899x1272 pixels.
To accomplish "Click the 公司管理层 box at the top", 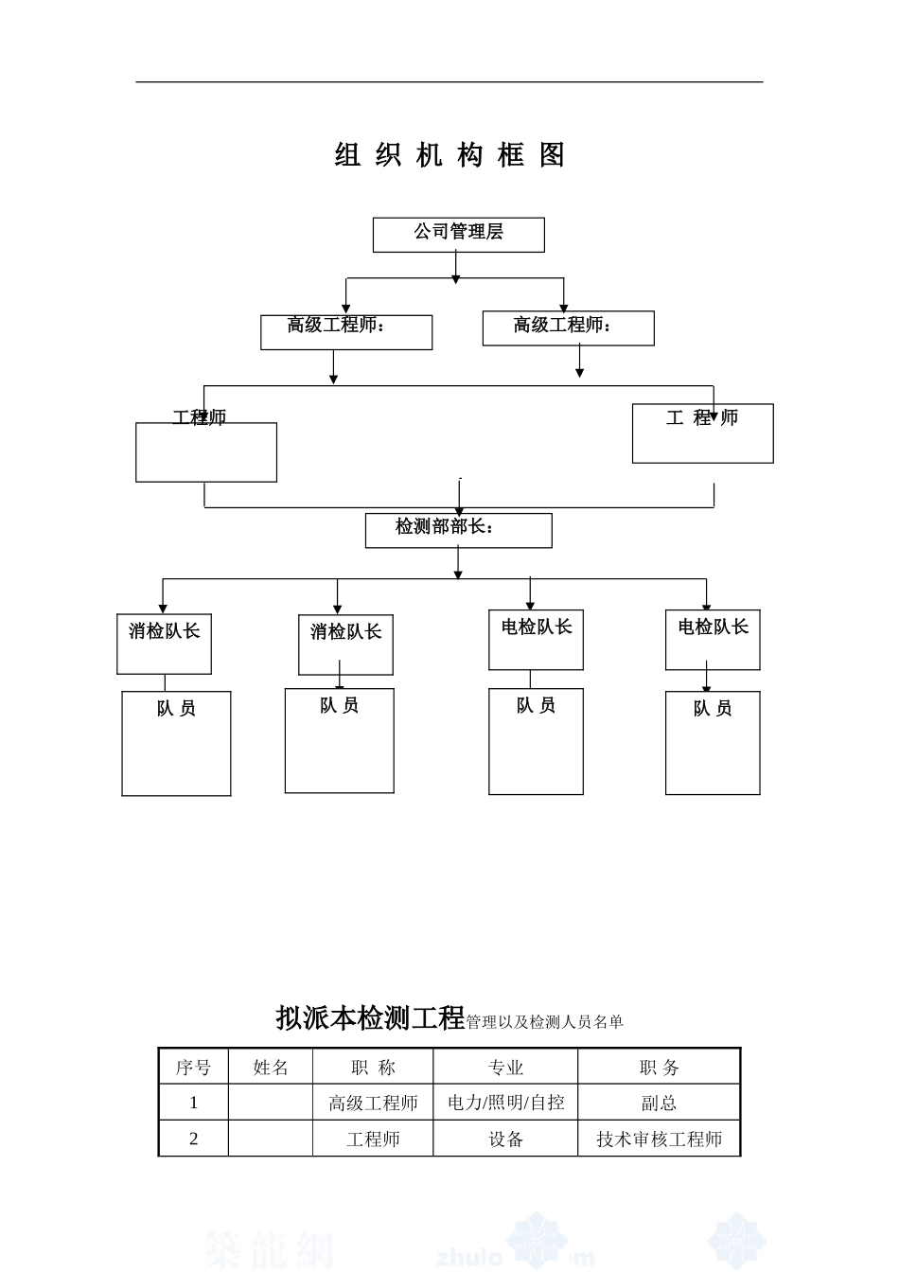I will pyautogui.click(x=458, y=235).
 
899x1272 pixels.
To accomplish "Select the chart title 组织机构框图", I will pyautogui.click(x=450, y=155).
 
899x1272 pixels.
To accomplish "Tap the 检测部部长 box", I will pyautogui.click(x=458, y=530).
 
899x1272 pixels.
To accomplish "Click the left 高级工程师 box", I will pyautogui.click(x=346, y=332).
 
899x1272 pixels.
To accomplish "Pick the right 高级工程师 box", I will pyautogui.click(x=568, y=327).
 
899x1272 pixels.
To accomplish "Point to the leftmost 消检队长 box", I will pyautogui.click(x=164, y=644).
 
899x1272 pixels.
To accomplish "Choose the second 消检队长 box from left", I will pyautogui.click(x=345, y=645).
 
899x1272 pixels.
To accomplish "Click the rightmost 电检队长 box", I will pyautogui.click(x=713, y=640).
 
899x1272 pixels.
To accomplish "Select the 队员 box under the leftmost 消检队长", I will pyautogui.click(x=176, y=743).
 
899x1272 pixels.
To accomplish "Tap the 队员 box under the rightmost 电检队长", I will pyautogui.click(x=713, y=742).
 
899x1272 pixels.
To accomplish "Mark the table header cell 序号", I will pyautogui.click(x=193, y=1068).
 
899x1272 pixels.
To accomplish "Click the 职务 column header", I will pyautogui.click(x=659, y=1068).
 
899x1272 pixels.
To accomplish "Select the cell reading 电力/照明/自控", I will pyautogui.click(x=505, y=1103).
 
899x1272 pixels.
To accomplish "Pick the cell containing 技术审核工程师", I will pyautogui.click(x=659, y=1139).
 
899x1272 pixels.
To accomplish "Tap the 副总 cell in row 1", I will pyautogui.click(x=659, y=1103).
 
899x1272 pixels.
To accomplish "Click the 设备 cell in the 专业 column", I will pyautogui.click(x=505, y=1139).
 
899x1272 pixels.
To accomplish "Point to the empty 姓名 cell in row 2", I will pyautogui.click(x=270, y=1139).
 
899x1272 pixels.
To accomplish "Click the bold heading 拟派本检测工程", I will pyautogui.click(x=370, y=1018).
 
